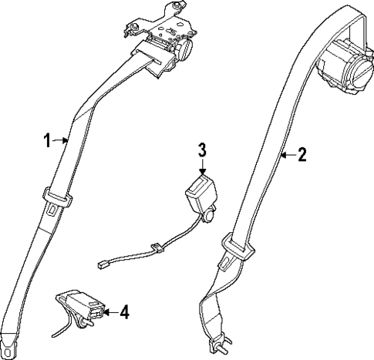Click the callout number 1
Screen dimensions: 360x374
47,140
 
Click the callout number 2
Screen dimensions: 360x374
302,155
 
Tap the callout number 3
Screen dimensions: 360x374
201,149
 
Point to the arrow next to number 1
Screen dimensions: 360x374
62,140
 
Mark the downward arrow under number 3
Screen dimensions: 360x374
201,167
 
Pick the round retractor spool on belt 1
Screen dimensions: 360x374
184,47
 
